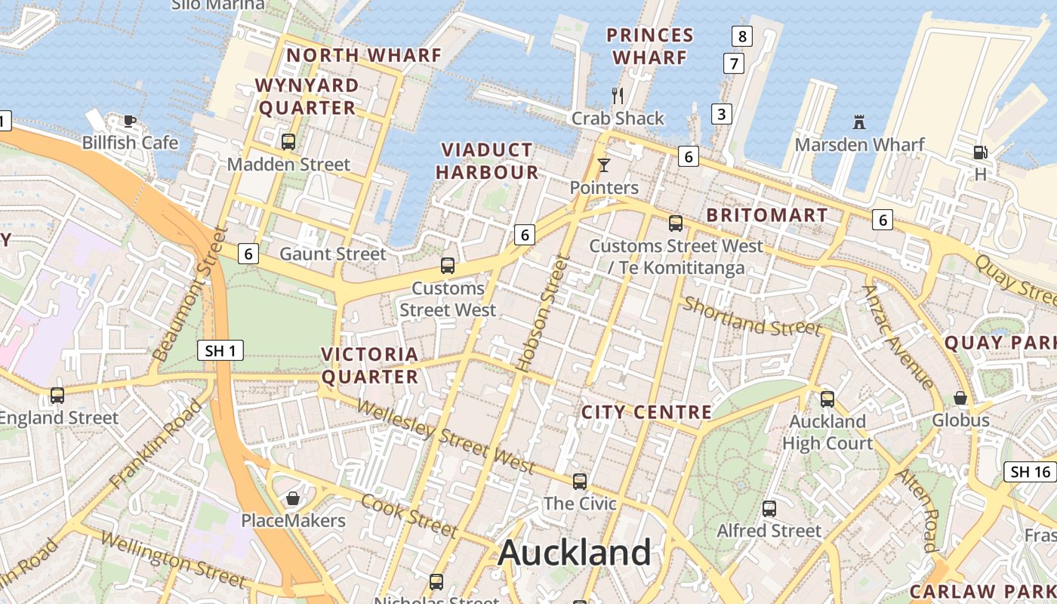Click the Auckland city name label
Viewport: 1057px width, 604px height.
[x=575, y=553]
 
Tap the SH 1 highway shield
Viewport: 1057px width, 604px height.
[x=220, y=350]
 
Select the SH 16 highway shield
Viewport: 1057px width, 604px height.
[x=1031, y=473]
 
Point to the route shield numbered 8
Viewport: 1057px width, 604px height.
[x=742, y=35]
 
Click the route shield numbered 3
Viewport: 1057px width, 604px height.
[x=722, y=114]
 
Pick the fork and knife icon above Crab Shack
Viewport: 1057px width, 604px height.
[x=618, y=95]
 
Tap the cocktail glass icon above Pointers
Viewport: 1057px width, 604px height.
[x=603, y=165]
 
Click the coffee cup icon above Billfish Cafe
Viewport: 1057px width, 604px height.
[x=129, y=120]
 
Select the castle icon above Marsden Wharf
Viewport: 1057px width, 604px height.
[x=858, y=122]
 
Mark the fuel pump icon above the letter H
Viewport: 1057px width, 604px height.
[x=980, y=153]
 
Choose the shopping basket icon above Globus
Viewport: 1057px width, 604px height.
[x=960, y=398]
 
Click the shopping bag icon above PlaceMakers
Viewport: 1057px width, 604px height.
[x=293, y=498]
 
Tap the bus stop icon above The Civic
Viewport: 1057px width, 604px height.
[x=580, y=481]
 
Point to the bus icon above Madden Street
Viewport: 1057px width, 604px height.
[x=288, y=142]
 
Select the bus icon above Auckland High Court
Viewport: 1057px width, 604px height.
[x=827, y=399]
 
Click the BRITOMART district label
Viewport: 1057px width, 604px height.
[x=767, y=215]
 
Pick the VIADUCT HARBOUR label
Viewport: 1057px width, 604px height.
[x=487, y=161]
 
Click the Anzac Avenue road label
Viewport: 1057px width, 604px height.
[x=898, y=336]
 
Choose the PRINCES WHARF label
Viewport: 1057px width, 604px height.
[x=650, y=46]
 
